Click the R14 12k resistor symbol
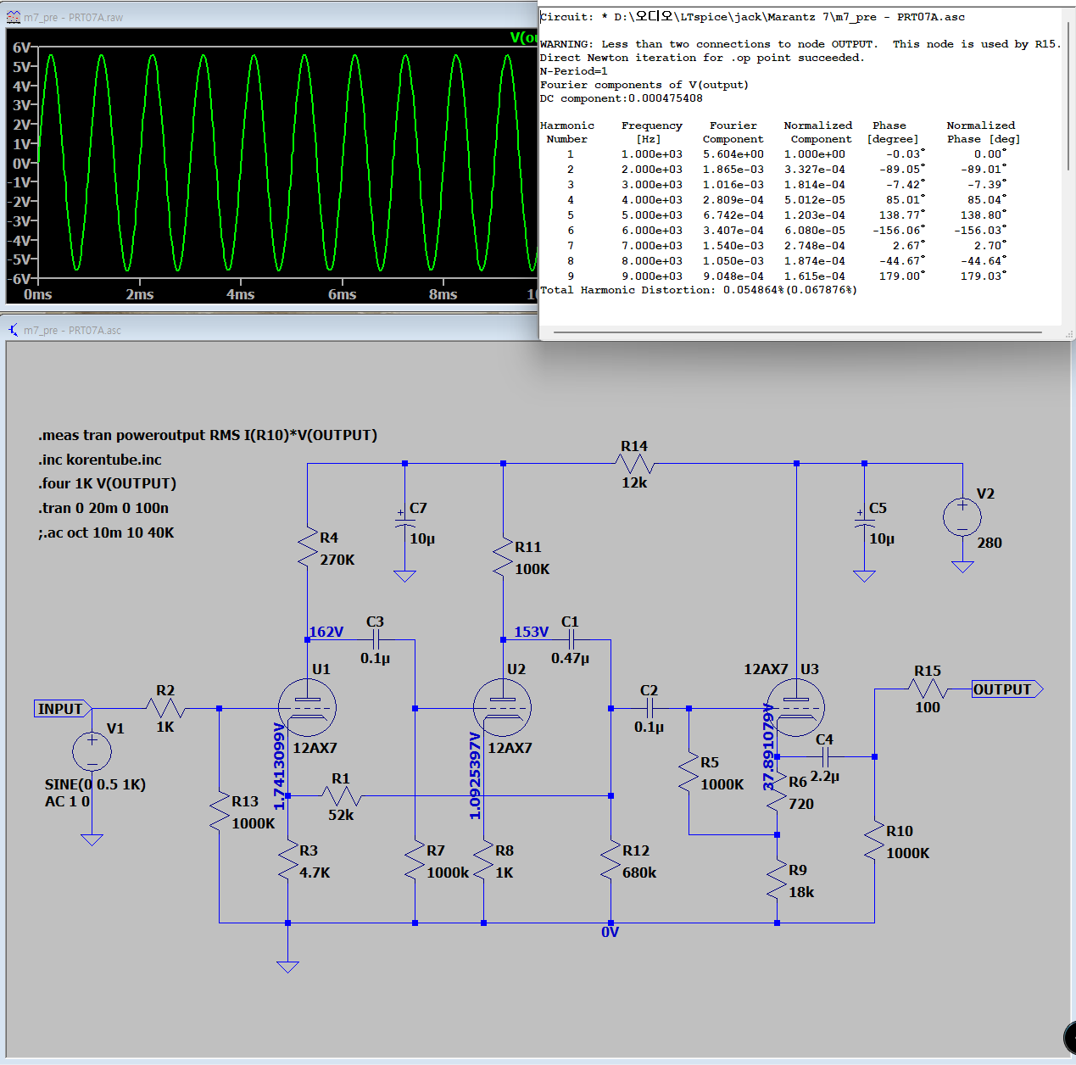(x=634, y=464)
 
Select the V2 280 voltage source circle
(x=962, y=516)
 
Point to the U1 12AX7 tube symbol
(x=307, y=707)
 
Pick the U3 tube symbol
(x=795, y=707)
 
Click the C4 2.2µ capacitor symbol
(x=825, y=756)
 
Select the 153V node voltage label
(x=531, y=632)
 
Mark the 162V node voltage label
(x=326, y=632)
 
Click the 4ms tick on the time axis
(x=240, y=294)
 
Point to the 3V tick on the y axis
(x=21, y=105)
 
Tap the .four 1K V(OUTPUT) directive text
(x=107, y=483)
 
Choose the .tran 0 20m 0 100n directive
(x=103, y=508)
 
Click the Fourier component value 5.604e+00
(x=733, y=154)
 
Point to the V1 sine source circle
(x=92, y=751)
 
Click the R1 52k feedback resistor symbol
(x=342, y=795)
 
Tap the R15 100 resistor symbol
(x=928, y=689)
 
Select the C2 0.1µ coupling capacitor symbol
(x=650, y=708)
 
